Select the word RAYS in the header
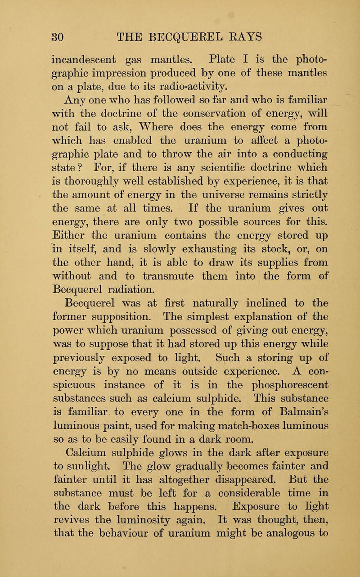[x=264, y=35]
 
